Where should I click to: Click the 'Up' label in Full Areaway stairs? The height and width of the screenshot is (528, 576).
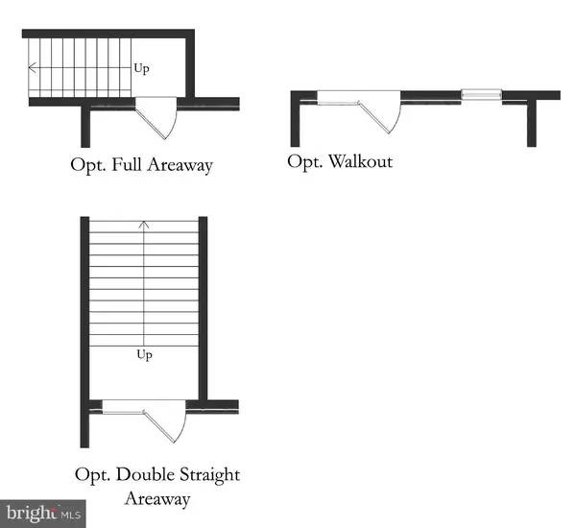[x=141, y=68]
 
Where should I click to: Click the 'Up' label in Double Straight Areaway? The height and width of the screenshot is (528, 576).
[x=144, y=354]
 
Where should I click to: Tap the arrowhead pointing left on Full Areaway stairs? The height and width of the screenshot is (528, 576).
[x=33, y=68]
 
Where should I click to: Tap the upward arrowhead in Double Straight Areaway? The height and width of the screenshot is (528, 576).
[x=144, y=226]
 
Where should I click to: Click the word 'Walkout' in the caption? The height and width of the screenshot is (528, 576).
[x=360, y=161]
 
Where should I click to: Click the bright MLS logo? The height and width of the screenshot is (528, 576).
[x=43, y=513]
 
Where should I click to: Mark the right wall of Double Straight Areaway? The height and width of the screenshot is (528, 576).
[x=203, y=307]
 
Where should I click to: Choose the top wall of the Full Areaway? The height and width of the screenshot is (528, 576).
[x=108, y=34]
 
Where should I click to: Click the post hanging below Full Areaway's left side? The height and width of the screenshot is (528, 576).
[x=86, y=125]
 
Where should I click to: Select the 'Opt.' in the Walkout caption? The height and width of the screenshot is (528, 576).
[x=303, y=161]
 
